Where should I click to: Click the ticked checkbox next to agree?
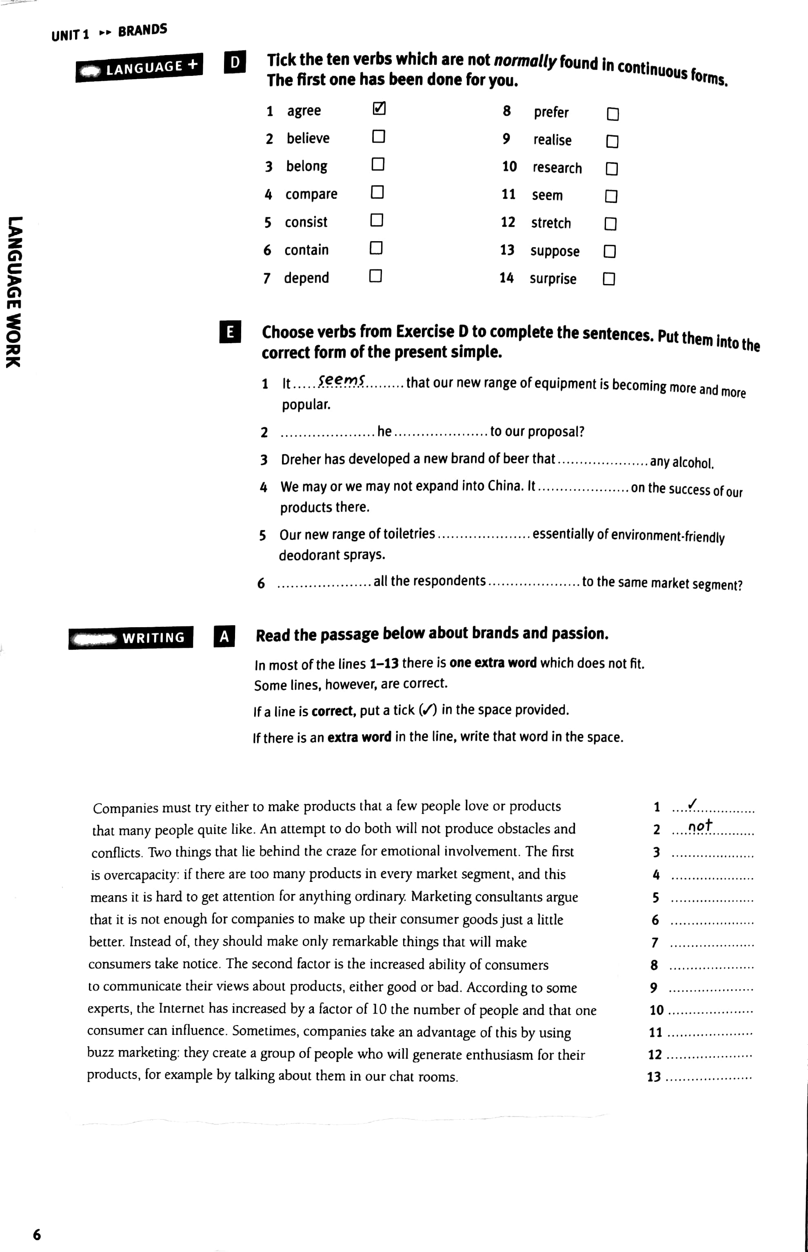pos(379,109)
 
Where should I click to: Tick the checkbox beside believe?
pos(378,136)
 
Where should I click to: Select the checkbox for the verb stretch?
pos(610,224)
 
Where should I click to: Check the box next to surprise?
pos(608,279)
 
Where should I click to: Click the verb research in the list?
pos(557,168)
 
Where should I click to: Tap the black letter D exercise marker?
pos(235,62)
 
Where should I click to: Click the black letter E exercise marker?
pos(230,332)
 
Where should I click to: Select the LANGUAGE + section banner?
pos(140,68)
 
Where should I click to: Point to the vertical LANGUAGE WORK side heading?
pos(14,292)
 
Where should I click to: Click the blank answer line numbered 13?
pos(708,1077)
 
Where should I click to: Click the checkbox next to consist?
pos(377,220)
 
